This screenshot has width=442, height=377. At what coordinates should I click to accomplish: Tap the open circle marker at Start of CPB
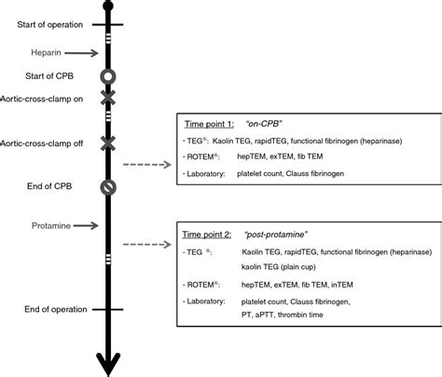108,75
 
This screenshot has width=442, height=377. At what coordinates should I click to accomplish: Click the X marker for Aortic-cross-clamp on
108,98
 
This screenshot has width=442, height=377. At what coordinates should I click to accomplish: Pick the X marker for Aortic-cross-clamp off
108,141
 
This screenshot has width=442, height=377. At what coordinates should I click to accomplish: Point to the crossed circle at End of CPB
108,186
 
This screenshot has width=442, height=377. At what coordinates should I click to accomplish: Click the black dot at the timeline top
108,7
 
